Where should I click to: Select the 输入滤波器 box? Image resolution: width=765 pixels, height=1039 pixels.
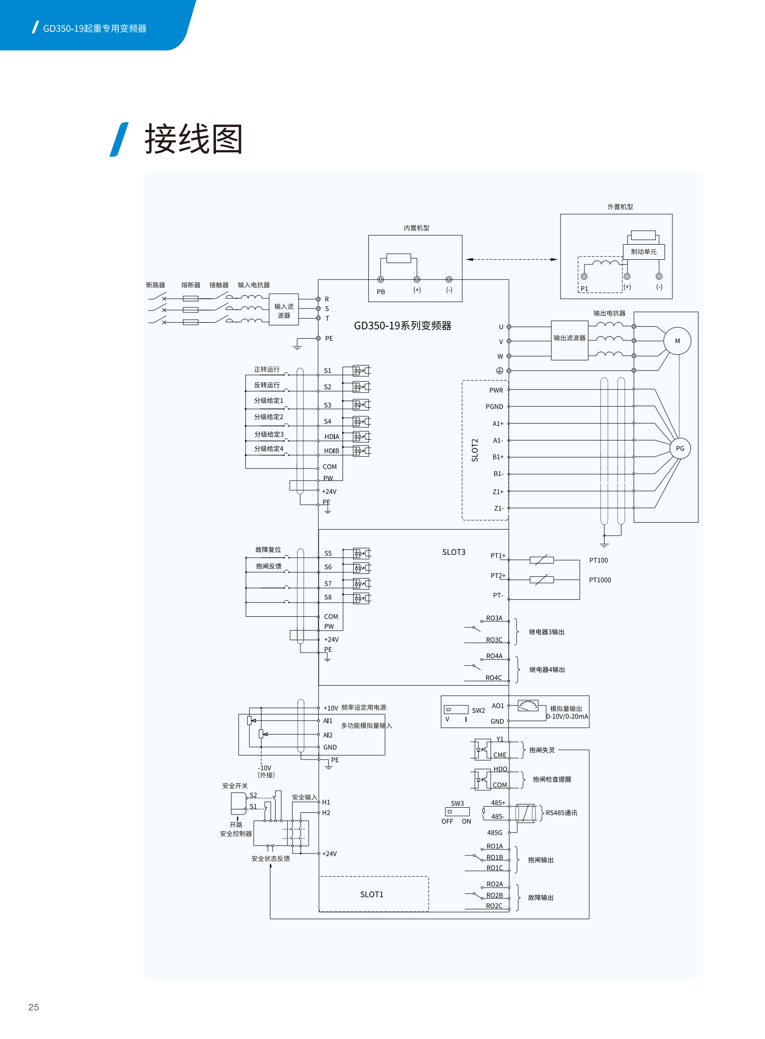point(283,310)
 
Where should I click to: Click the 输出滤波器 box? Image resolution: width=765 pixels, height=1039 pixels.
point(569,340)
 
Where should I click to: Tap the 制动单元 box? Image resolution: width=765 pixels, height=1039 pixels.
point(643,251)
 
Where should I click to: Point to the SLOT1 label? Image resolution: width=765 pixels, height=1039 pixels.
point(371,894)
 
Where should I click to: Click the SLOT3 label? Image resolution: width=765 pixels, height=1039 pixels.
point(453,552)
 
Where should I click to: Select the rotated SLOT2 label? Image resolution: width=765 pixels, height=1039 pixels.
point(475,450)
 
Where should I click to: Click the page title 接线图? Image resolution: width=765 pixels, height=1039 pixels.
point(194,139)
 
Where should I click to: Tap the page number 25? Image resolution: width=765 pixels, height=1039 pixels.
point(33,1006)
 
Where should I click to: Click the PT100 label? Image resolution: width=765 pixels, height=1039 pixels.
point(599,560)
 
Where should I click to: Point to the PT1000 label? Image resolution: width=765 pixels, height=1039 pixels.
point(600,580)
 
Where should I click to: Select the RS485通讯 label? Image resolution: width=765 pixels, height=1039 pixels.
point(561,812)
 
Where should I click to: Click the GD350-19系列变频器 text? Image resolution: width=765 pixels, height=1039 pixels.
point(402,325)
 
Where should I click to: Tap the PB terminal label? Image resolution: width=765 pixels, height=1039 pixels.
point(381,291)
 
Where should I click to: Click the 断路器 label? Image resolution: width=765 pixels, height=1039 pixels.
point(155,285)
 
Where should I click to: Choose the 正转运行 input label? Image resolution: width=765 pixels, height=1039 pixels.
point(267,369)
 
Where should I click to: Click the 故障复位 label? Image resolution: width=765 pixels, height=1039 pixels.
point(268,549)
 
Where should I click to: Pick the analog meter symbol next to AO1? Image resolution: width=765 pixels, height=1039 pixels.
point(528,705)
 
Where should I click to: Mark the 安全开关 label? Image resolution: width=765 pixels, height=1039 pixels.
point(235,786)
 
